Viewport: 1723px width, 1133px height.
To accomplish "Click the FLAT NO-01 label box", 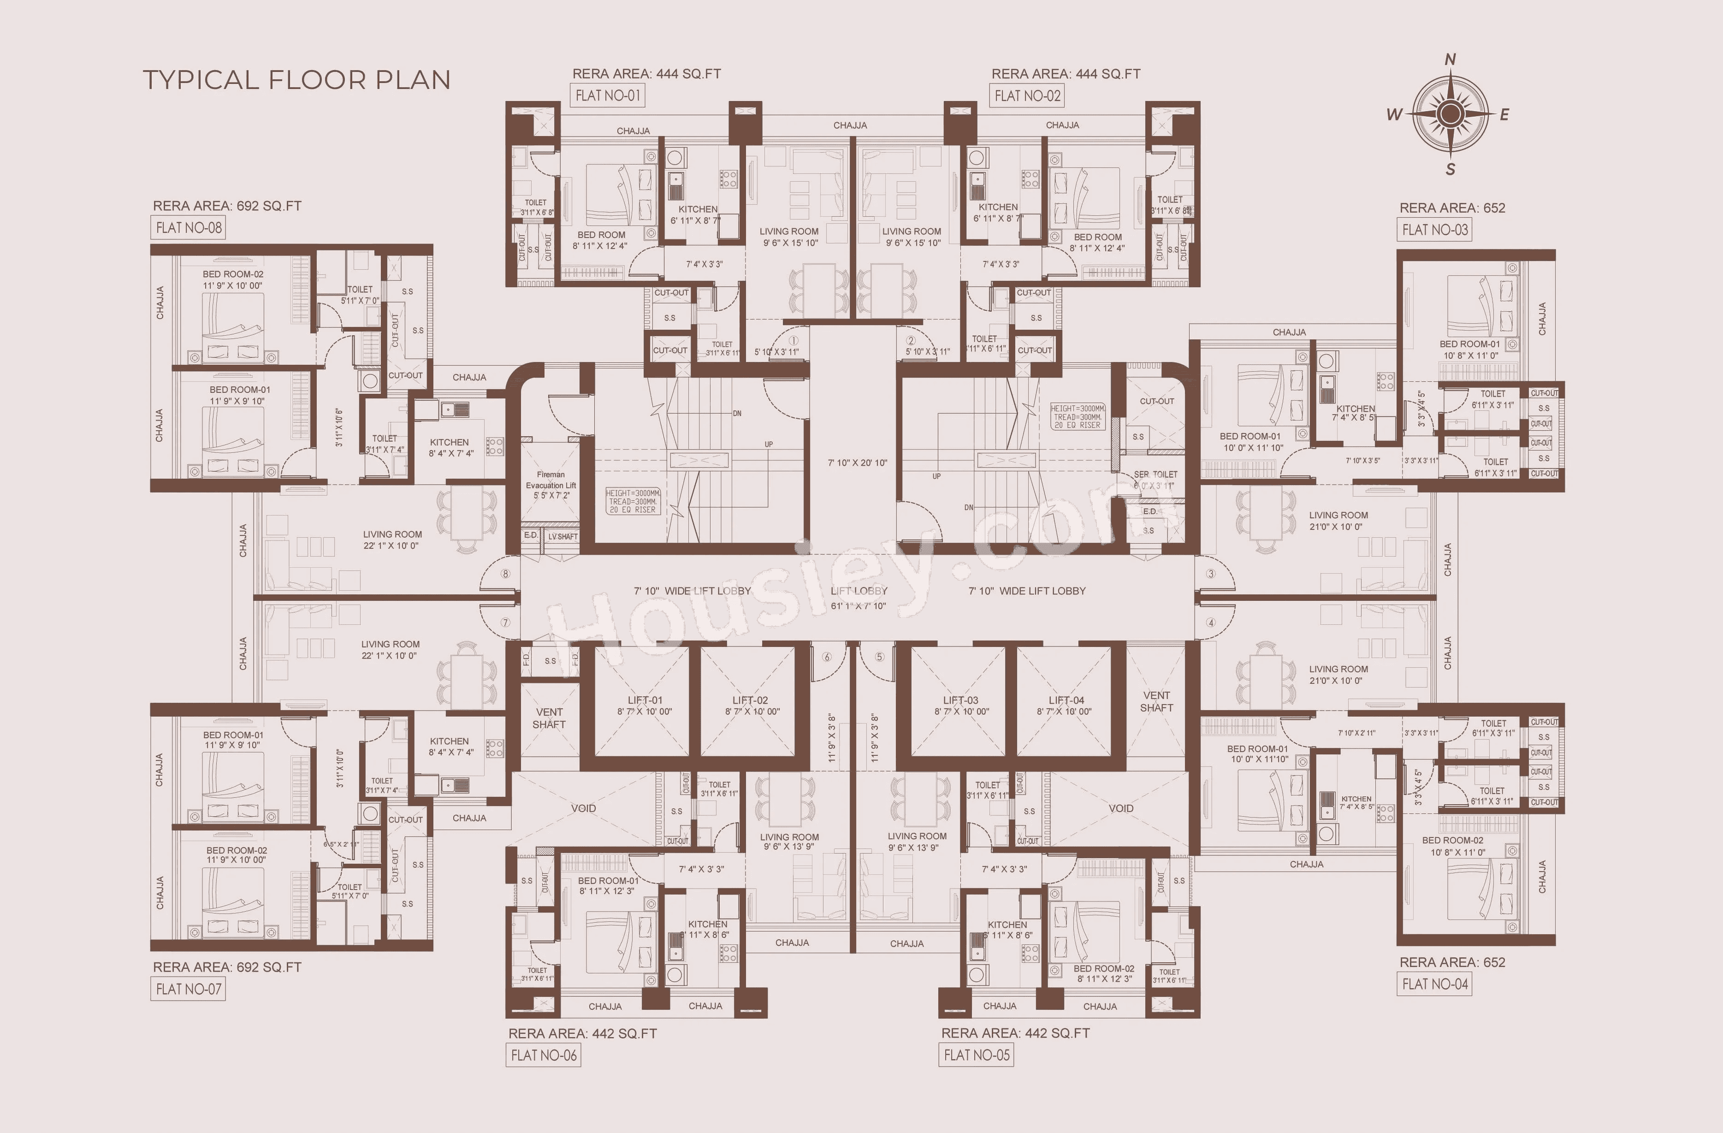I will pyautogui.click(x=607, y=95).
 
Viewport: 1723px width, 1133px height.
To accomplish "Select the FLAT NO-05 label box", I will pyautogui.click(x=976, y=1055).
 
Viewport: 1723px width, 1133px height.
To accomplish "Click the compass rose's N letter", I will pyautogui.click(x=1450, y=59).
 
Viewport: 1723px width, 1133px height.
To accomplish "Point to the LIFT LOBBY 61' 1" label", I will pyautogui.click(x=859, y=598).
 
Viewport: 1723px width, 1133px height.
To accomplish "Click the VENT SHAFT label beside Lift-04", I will pyautogui.click(x=1156, y=701).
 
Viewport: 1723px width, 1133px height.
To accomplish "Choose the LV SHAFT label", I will pyautogui.click(x=562, y=536).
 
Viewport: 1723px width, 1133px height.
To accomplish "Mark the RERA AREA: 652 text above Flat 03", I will pyautogui.click(x=1451, y=208).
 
